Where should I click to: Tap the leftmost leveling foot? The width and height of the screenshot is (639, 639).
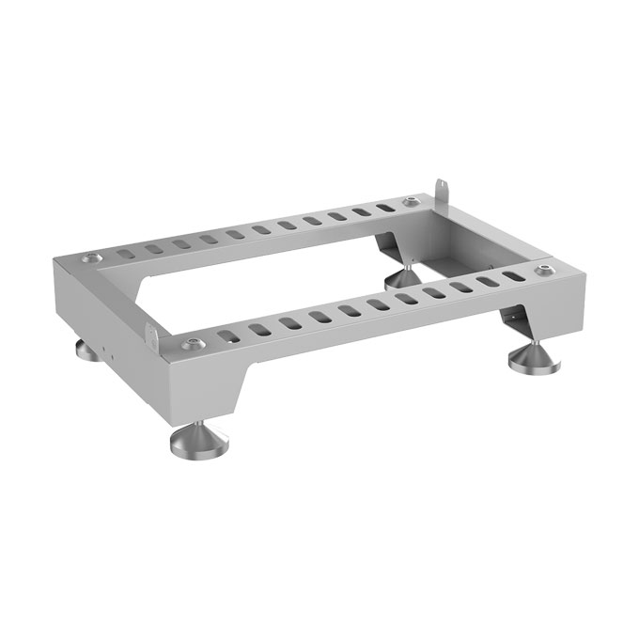click(85, 351)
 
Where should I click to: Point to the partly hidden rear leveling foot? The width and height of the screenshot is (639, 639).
click(401, 277)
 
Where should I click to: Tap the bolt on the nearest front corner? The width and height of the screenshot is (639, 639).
click(193, 342)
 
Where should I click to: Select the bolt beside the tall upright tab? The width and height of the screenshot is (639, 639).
click(410, 204)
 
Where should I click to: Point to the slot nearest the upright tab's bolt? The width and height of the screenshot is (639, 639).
click(382, 206)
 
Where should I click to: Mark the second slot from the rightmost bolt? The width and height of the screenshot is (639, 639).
click(487, 282)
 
